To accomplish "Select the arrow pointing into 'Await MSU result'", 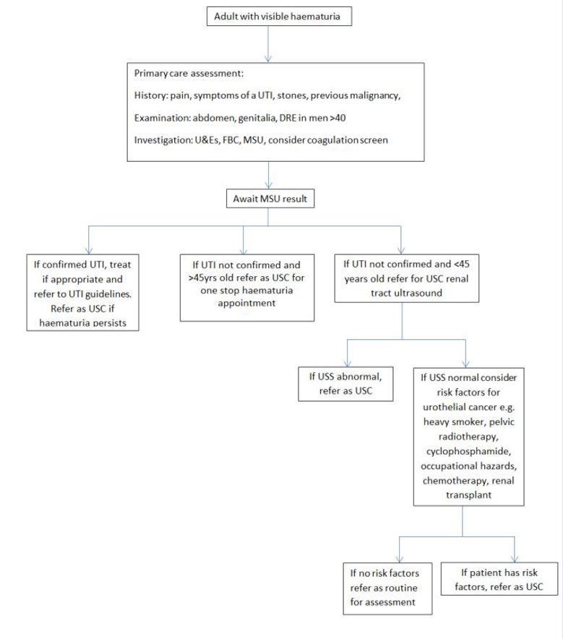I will pyautogui.click(x=269, y=176).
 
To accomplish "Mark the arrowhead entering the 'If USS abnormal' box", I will pyautogui.click(x=347, y=363).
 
